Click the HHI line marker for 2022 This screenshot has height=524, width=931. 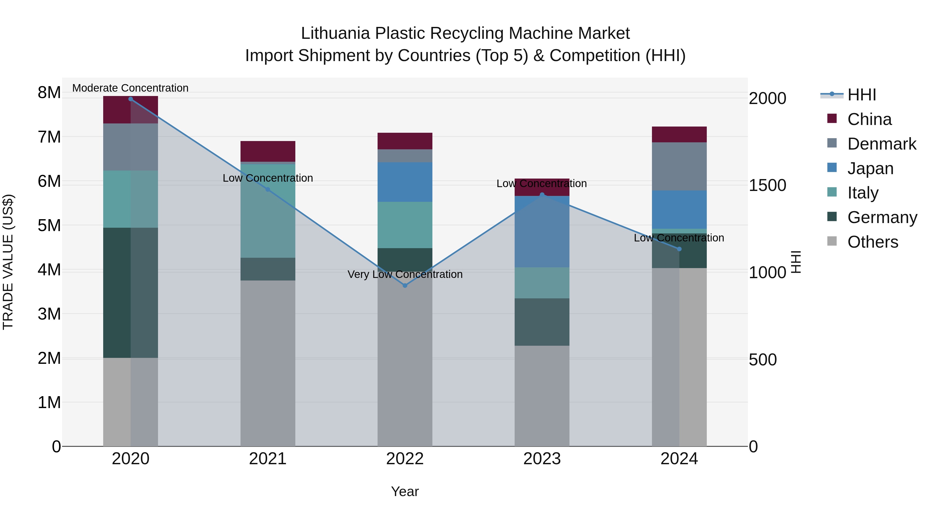point(405,285)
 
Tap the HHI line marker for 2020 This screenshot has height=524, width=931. point(131,99)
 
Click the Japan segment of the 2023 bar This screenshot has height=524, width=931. point(542,231)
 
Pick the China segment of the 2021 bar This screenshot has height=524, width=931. point(268,151)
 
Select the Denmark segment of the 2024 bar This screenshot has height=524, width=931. point(679,166)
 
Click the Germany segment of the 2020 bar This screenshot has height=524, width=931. point(131,293)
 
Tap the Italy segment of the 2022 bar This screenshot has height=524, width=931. point(405,225)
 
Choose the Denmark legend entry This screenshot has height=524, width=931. point(882,144)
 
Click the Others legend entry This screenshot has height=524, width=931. point(873,242)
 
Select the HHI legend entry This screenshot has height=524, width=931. point(862,95)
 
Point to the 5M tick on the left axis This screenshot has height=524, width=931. point(49,225)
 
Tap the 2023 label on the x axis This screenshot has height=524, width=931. point(542,459)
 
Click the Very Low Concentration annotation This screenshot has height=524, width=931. point(405,275)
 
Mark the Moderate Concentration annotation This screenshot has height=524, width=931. point(131,88)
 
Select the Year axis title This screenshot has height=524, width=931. point(405,491)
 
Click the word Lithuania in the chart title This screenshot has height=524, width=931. point(335,33)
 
